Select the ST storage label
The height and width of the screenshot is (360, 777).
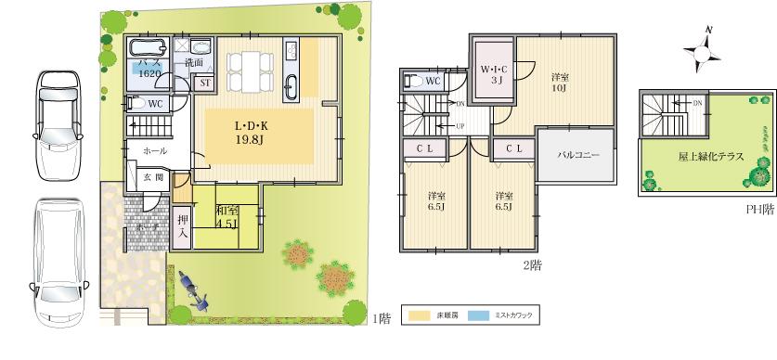[205, 83]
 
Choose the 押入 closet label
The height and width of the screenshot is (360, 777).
[183, 226]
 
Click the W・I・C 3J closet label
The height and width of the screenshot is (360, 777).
[493, 74]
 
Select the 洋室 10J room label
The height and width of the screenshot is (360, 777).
[560, 82]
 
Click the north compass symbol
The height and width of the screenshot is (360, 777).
[706, 53]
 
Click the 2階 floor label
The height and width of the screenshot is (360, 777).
[533, 264]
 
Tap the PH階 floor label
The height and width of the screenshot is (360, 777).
[759, 210]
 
